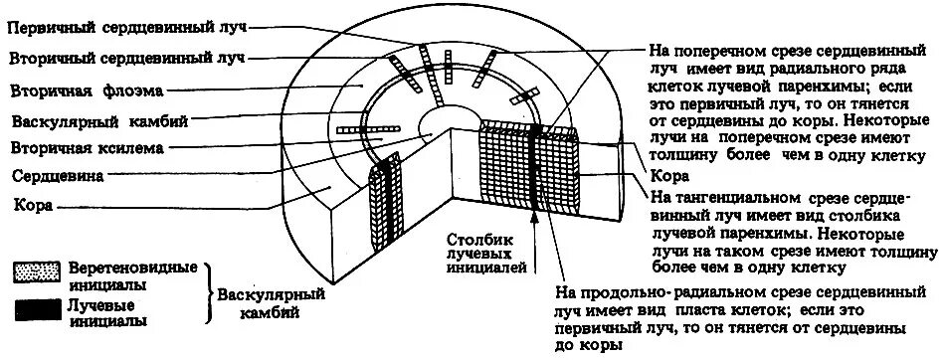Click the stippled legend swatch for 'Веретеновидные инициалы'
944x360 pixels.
tap(39, 271)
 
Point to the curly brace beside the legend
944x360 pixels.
tap(210, 294)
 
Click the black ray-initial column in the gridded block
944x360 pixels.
tap(537, 169)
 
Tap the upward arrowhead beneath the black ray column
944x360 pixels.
tap(538, 220)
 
